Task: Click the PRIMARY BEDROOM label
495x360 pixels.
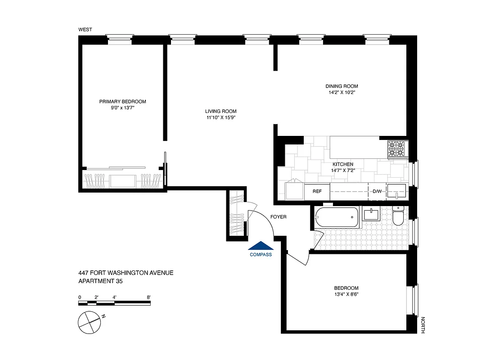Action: pyautogui.click(x=122, y=102)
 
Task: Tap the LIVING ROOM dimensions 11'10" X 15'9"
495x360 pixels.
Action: pyautogui.click(x=220, y=118)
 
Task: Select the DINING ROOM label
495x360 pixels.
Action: pyautogui.click(x=342, y=86)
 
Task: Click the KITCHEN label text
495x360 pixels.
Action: pyautogui.click(x=342, y=164)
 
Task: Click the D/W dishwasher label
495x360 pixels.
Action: pyautogui.click(x=377, y=192)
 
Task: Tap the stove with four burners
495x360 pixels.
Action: pyautogui.click(x=397, y=149)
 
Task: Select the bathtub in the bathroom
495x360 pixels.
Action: pyautogui.click(x=337, y=217)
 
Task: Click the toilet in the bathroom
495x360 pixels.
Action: pyautogui.click(x=398, y=217)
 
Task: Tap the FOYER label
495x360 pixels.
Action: pyautogui.click(x=278, y=217)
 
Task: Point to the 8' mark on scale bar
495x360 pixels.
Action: pyautogui.click(x=148, y=297)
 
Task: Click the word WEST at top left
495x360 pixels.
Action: pyautogui.click(x=85, y=30)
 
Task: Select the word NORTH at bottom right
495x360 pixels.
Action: pyautogui.click(x=423, y=325)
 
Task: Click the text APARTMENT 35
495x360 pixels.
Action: pyautogui.click(x=100, y=281)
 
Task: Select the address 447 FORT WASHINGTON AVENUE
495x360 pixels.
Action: pyautogui.click(x=126, y=273)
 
